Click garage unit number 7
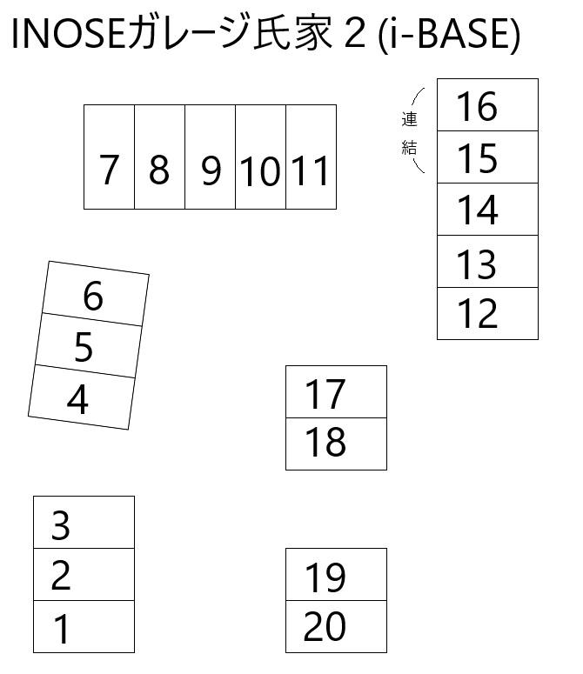tap(110, 157)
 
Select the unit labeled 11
tap(312, 157)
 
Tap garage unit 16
tap(487, 105)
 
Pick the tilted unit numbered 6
tap(96, 294)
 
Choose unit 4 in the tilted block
tap(82, 397)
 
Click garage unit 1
tap(84, 627)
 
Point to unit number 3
tap(84, 523)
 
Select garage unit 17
tap(336, 391)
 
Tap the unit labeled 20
tap(336, 627)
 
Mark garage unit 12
tap(487, 313)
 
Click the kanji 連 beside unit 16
tap(409, 119)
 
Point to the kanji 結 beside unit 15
tap(409, 148)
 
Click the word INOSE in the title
tap(69, 35)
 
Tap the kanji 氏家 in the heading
tap(292, 33)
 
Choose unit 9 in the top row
tap(211, 157)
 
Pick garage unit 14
tap(487, 210)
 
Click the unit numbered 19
tap(336, 574)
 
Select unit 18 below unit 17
tap(336, 444)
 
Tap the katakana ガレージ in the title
tap(189, 33)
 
